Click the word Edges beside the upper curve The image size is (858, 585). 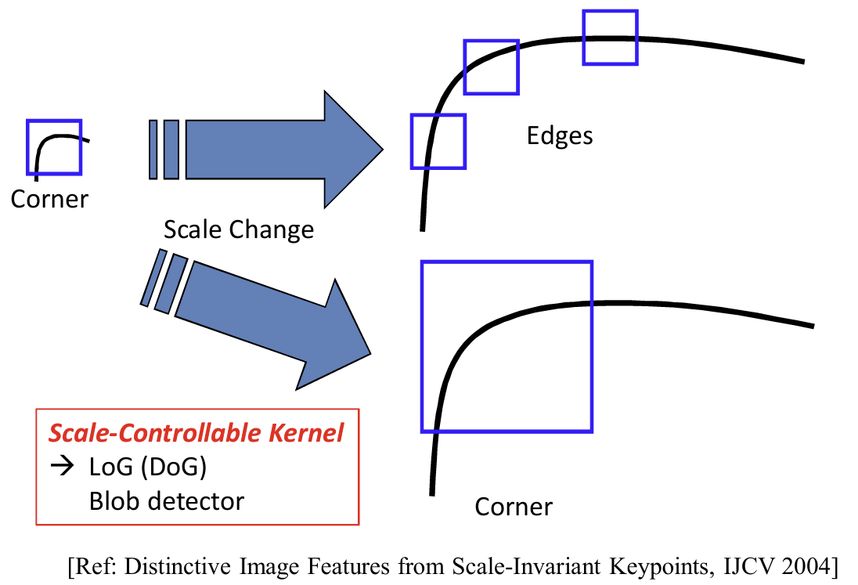pos(560,136)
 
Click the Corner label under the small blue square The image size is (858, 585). pos(49,199)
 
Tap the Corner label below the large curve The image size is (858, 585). pos(514,507)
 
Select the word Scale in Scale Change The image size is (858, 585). pos(192,229)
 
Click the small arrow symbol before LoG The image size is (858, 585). pos(61,468)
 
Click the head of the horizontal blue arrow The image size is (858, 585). pos(351,146)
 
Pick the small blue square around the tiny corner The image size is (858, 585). pos(54,146)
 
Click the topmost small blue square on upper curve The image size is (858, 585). pos(611,38)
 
